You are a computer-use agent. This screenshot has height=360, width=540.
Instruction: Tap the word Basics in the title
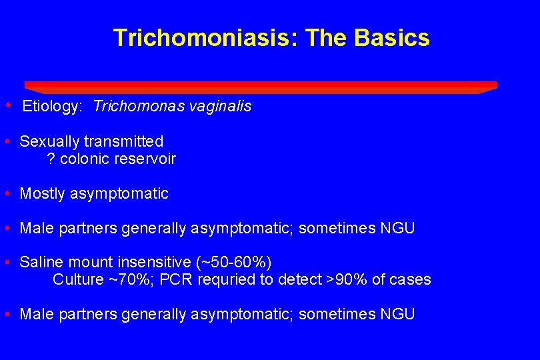pos(392,38)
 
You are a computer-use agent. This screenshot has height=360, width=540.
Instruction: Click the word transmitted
pos(124,141)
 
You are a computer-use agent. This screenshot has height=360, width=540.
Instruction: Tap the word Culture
pos(78,280)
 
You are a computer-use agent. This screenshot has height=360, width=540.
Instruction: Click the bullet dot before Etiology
pos(7,105)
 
